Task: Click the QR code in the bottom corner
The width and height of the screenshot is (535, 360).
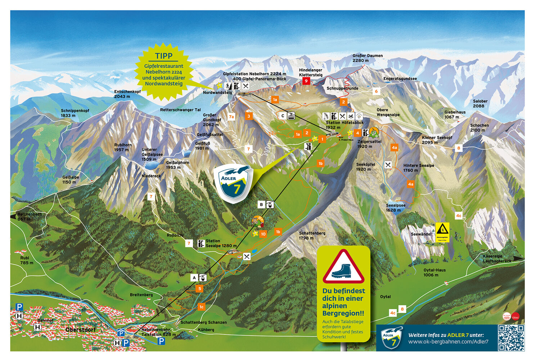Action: coord(511,338)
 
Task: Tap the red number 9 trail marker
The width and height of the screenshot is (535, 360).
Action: coord(306,81)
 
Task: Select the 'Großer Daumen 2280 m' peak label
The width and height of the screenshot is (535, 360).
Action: coord(367,58)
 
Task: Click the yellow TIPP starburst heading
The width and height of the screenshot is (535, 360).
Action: coord(164,56)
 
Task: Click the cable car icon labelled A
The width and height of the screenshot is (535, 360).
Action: coord(203,278)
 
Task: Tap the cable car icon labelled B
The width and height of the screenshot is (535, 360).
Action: coord(270,204)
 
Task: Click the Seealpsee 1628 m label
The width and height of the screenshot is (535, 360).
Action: coord(395,208)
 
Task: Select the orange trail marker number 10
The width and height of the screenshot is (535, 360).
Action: coord(263,234)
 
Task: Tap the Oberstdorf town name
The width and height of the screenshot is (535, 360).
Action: coord(81,329)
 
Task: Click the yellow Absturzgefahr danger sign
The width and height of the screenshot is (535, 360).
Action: coord(442,232)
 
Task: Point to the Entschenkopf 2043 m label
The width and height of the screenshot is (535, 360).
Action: coord(127,94)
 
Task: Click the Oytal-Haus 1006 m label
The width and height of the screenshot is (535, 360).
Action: coord(434,273)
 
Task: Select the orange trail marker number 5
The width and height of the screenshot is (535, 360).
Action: coord(199,288)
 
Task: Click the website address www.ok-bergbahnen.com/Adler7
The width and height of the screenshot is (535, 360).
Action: coord(448,342)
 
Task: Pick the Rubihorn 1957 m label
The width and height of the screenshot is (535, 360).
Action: coord(123,147)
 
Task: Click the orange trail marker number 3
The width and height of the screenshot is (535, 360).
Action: coord(248,116)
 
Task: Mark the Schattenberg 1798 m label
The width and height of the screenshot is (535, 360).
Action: coord(312,235)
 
